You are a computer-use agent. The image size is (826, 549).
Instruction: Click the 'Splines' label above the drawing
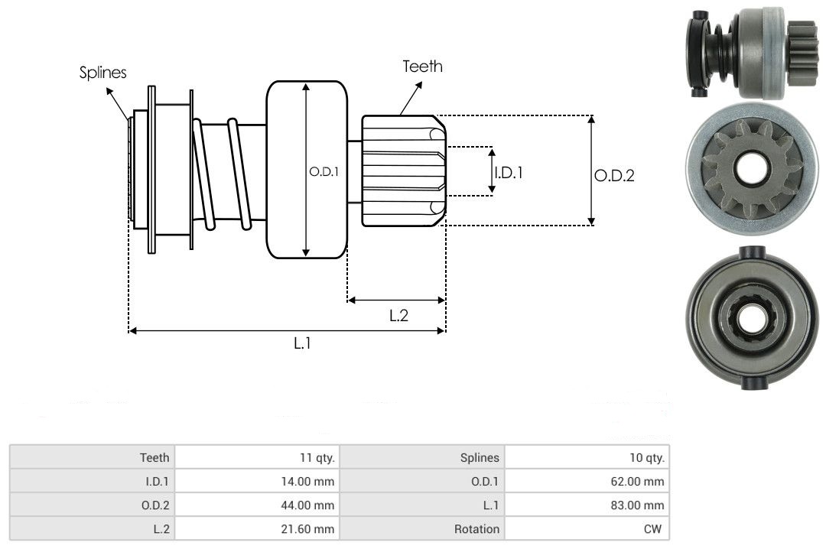[102, 72]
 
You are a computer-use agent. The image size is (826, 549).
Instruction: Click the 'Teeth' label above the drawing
[422, 67]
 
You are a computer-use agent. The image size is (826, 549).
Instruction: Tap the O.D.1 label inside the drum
[324, 172]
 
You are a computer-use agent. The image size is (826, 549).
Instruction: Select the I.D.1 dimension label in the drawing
[509, 172]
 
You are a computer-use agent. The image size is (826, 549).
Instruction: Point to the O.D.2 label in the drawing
[614, 175]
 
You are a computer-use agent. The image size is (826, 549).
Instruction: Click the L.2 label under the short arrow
[398, 315]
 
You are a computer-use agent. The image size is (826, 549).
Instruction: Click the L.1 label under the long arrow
[302, 343]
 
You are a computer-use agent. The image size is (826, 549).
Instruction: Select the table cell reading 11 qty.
[258, 457]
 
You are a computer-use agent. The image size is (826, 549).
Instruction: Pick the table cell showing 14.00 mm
[258, 481]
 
